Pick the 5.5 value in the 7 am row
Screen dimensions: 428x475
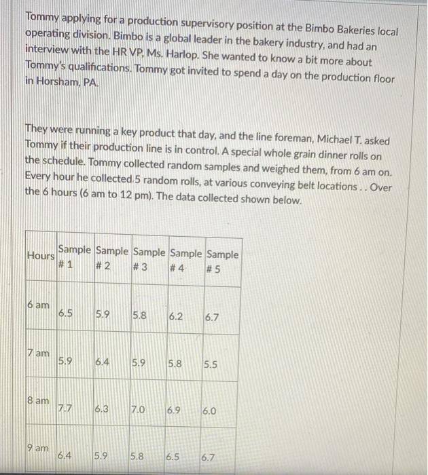[x=210, y=364]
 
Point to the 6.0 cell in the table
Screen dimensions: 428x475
[x=210, y=411]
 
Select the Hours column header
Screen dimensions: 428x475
[x=40, y=256]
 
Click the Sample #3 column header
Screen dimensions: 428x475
[x=150, y=261]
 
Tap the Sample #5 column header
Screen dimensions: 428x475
[x=223, y=261]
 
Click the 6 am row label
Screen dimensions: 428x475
[x=39, y=306]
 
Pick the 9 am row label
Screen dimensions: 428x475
[x=39, y=449]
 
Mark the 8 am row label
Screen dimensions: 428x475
[x=39, y=401]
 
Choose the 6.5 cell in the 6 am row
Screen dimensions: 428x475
[x=67, y=313]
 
